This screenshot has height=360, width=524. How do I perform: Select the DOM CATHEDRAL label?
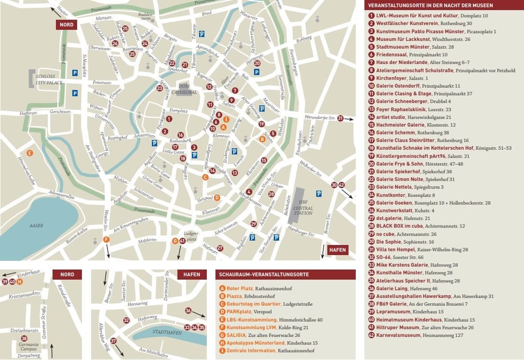tap(187, 89)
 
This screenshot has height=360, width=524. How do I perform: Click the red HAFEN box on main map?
tap(338, 250)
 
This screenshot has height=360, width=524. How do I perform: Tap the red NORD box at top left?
tap(67, 25)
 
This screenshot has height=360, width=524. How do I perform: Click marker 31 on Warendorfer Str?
tap(341, 118)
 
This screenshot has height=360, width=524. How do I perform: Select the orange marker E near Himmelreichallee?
tap(30, 153)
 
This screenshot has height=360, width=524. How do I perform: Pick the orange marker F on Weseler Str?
tap(106, 240)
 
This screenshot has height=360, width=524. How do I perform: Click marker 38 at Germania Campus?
tap(24, 339)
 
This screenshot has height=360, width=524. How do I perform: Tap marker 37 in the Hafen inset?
tap(113, 341)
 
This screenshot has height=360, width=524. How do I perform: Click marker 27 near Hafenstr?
tap(220, 248)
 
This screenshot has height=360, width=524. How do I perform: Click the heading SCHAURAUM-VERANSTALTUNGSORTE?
tap(264, 275)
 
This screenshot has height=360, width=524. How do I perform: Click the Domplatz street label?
tap(179, 110)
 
